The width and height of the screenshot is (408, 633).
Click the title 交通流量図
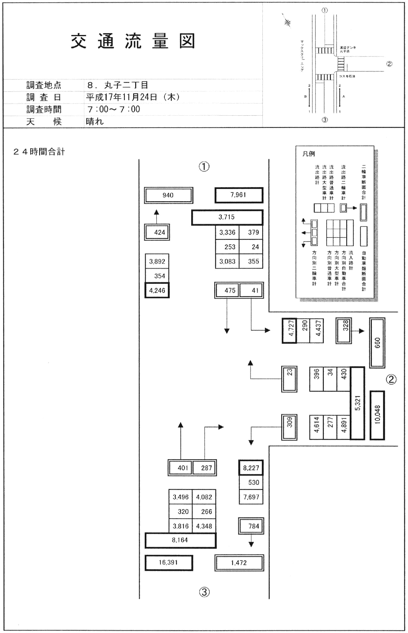tap(133, 41)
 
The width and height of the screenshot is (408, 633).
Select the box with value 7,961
tap(239, 195)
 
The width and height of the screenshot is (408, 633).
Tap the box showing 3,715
tap(227, 217)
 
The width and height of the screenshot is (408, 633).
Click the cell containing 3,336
tap(227, 232)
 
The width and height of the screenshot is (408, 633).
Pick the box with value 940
tap(168, 195)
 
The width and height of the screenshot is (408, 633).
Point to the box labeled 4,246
tap(157, 290)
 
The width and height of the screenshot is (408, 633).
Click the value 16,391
tap(169, 562)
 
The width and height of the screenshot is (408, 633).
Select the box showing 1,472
tap(239, 563)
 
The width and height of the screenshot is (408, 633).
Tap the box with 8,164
tap(180, 540)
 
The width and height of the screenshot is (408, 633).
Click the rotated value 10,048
tap(377, 415)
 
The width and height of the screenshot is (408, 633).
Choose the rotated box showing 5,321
tap(357, 403)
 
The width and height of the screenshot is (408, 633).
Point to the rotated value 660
tap(377, 343)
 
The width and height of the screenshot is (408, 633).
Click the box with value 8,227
tap(251, 468)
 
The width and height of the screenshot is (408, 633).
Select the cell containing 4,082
tap(204, 497)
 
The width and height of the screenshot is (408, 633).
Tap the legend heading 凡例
tap(308, 154)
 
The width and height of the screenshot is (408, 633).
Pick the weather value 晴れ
tap(95, 121)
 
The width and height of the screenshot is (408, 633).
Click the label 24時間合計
tap(39, 152)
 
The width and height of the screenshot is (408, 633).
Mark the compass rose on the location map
tap(287, 22)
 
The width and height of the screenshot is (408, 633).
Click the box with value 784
tap(251, 526)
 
